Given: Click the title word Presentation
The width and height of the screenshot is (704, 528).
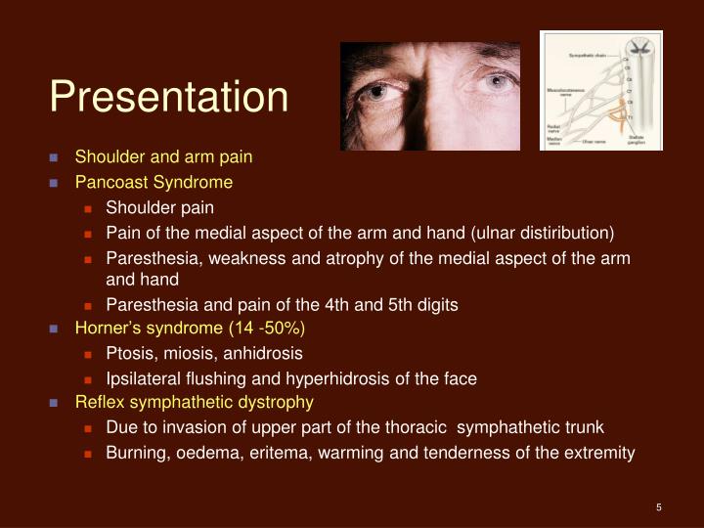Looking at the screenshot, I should pos(169,97).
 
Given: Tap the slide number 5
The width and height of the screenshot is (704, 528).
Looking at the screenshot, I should pos(659,506).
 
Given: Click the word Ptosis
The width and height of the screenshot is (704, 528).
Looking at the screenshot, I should pos(128,353).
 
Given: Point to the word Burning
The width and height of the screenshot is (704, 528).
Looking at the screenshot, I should pos(136,453).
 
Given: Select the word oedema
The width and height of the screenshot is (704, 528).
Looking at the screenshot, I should pos(204,453).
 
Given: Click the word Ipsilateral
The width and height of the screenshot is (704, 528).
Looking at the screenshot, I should pos(144,378).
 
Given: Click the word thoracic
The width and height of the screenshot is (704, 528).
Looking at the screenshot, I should pos(420,427).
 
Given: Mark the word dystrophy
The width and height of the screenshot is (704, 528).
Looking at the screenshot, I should pos(280,402).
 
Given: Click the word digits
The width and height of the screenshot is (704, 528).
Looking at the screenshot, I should pos(436,304).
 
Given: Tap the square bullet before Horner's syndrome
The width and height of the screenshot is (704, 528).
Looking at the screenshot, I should pos(55,330).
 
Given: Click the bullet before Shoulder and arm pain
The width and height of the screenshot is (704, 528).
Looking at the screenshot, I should pos(55,157).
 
